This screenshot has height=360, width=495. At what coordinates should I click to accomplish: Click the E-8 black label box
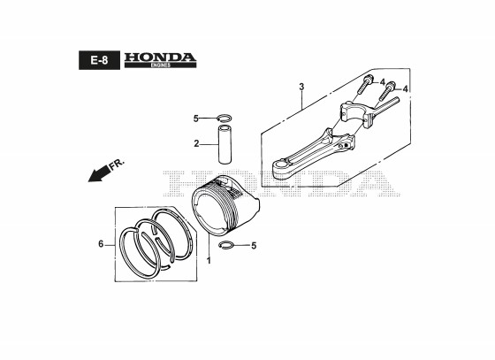tap(99, 60)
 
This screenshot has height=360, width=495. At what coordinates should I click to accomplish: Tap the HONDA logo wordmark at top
tap(160, 57)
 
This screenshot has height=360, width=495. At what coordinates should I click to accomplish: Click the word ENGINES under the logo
tap(160, 65)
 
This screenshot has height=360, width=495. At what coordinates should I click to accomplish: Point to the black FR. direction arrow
tap(98, 173)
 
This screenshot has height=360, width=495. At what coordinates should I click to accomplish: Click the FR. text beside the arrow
tap(117, 165)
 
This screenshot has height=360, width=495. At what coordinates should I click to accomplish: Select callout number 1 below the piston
tap(209, 261)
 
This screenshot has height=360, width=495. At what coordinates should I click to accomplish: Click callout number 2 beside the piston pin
tap(196, 143)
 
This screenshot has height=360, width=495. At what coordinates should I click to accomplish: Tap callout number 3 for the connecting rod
tap(301, 86)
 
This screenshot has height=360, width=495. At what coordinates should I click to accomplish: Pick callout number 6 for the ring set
tap(101, 244)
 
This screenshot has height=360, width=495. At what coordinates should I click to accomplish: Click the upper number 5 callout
tap(195, 119)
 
